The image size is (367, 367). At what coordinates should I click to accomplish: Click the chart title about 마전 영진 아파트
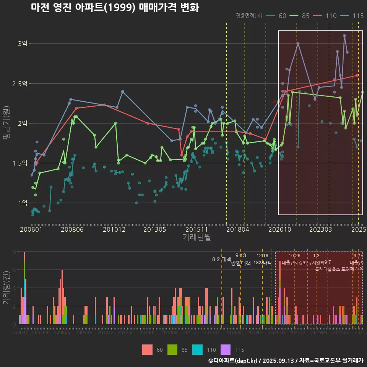point(115,8)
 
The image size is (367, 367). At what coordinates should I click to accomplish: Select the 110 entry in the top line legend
point(331,16)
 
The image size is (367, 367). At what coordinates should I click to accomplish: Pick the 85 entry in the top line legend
point(305,16)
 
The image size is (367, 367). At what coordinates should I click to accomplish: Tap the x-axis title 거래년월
point(196,237)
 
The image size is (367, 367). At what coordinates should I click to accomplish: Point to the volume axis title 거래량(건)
point(6,287)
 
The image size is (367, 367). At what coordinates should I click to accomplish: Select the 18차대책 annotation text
point(262,263)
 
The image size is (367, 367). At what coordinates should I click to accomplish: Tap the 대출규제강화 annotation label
point(294,263)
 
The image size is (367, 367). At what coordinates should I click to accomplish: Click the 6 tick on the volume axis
point(14,270)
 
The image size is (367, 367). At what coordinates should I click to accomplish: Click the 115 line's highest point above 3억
point(344,36)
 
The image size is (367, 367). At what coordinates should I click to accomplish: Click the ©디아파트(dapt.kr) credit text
point(233,361)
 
